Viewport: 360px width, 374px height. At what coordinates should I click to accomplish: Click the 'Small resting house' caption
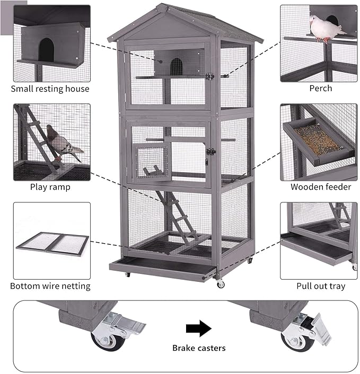[x=50, y=88]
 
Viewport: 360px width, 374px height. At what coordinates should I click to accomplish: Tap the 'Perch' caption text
[x=321, y=88]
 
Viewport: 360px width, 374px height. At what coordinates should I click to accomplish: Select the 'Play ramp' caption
[x=50, y=187]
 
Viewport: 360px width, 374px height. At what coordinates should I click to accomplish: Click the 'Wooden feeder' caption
[x=320, y=187]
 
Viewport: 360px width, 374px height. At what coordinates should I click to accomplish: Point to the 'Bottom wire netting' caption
[x=50, y=286]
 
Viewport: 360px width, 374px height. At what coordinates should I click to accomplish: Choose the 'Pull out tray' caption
[x=320, y=286]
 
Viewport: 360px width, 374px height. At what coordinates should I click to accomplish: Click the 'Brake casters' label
[x=199, y=348]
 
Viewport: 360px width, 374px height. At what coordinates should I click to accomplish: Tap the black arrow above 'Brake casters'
[x=199, y=329]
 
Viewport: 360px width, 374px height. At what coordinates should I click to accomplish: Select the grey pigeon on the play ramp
[x=63, y=143]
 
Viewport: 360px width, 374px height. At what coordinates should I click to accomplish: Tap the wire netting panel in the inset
[x=52, y=243]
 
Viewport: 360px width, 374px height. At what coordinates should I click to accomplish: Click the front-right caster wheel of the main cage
[x=221, y=284]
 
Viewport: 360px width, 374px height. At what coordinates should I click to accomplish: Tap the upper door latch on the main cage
[x=209, y=76]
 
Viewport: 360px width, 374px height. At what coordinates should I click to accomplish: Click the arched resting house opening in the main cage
[x=176, y=66]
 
